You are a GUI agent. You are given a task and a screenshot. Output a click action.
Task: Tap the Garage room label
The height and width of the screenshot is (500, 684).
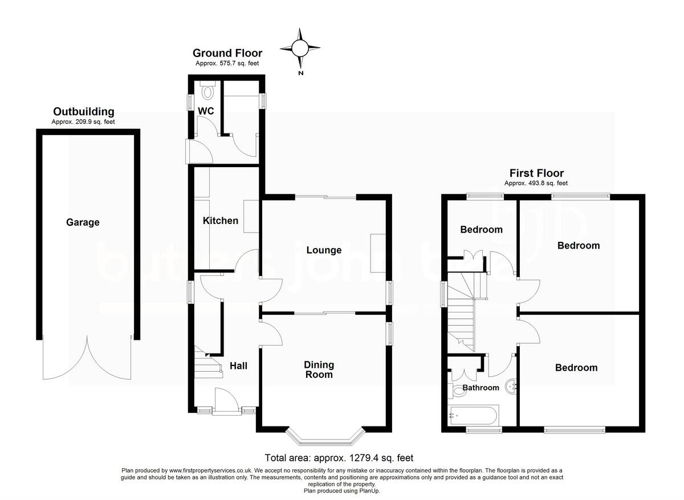point(82,222)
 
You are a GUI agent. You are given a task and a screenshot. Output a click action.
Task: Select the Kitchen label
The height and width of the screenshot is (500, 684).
point(221,221)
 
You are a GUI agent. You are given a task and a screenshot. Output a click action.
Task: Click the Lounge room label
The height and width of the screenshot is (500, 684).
point(324,250)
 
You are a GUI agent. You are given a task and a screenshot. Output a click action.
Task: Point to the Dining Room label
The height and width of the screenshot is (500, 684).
point(319,369)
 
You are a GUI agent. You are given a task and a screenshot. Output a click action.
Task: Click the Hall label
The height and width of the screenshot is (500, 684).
point(238,365)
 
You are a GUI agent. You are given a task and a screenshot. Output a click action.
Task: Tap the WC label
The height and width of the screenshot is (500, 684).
point(206,111)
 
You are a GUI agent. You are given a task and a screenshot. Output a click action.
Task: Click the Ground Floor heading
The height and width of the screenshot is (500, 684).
point(227,54)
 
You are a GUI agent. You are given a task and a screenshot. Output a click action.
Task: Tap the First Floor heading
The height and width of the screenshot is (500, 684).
point(536,173)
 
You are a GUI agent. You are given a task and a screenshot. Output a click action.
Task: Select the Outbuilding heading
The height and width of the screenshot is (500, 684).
point(83,112)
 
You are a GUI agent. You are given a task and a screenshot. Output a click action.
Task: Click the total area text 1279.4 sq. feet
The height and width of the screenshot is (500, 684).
point(339,458)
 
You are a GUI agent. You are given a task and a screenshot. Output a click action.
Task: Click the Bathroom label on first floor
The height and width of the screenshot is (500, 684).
point(481,388)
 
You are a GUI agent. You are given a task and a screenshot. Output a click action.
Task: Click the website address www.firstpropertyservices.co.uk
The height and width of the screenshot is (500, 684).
point(209,470)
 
